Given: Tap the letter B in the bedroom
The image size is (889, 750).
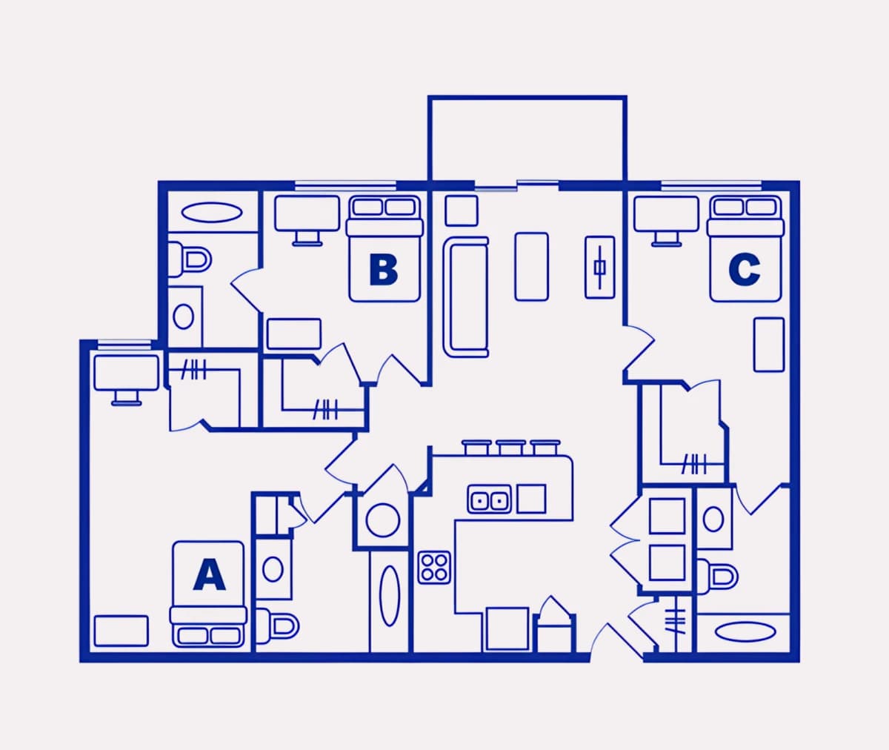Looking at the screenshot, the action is point(383,270).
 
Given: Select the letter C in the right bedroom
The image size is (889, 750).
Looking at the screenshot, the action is point(745,270).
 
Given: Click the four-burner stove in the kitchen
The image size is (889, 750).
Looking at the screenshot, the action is point(434,568).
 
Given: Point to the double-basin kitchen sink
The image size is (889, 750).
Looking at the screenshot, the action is point(489,500).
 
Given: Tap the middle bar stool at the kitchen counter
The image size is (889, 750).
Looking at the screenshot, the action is point(511,448).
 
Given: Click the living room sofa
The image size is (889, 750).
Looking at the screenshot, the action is point(465,297).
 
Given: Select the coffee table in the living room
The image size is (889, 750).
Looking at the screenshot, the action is point(531,267).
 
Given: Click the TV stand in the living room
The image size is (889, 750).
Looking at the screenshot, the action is point(600,267).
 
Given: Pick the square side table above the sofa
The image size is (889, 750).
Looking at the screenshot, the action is point(462,210).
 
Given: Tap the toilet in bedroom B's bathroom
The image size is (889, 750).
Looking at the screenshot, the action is point(189,259).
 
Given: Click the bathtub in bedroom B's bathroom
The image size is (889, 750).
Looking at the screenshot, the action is point(213,212).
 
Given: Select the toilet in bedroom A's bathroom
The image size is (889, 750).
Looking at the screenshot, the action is point(277,625).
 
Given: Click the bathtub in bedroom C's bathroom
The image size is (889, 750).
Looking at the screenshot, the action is point(745,632).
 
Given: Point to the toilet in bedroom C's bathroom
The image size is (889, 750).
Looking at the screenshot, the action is point(717,577).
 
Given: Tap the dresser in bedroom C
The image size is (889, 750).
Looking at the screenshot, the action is point(769,345).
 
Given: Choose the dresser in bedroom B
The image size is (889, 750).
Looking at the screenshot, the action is point(294,334).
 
